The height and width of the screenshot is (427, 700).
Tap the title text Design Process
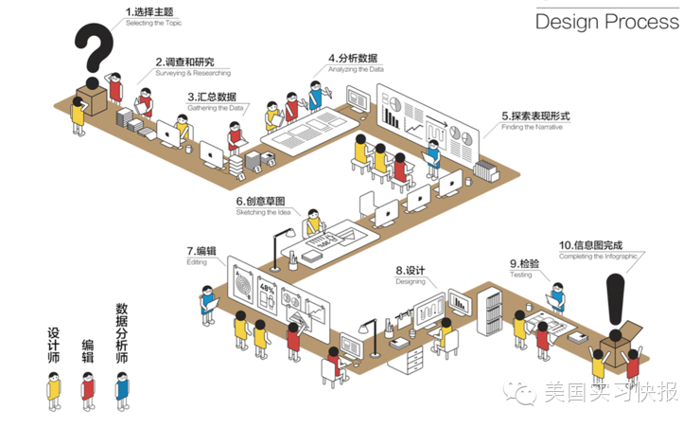click(x=606, y=22)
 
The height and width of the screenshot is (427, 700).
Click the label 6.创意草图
click(x=260, y=201)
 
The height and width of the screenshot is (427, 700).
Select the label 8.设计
click(x=410, y=271)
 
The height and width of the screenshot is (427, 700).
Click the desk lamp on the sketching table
click(x=276, y=238)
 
